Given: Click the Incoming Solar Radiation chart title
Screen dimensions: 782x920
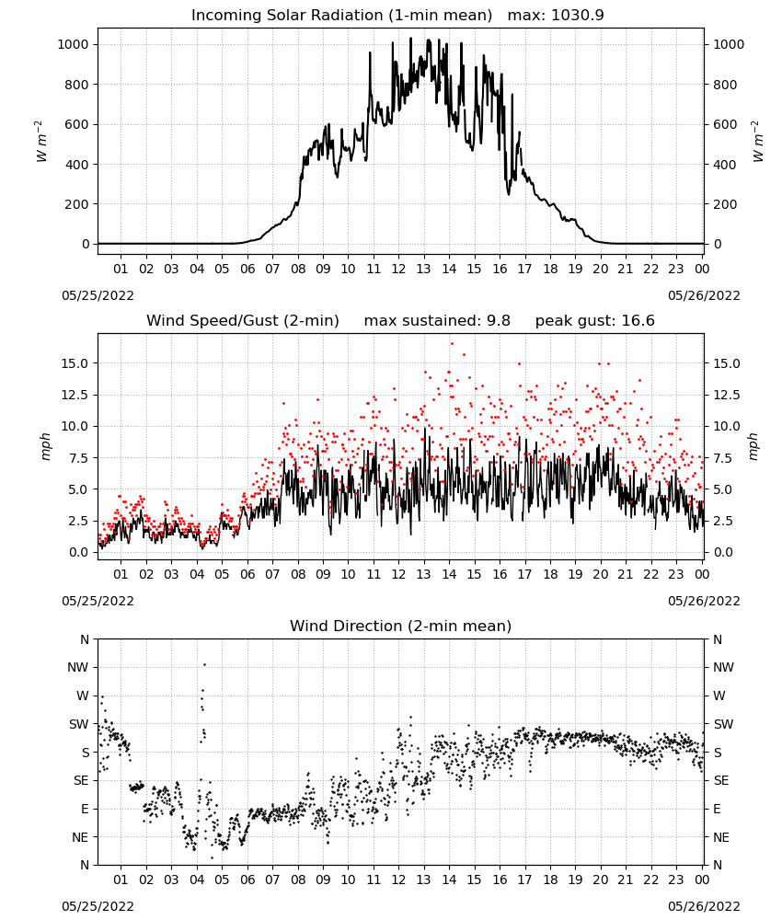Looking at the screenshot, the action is tap(341, 16).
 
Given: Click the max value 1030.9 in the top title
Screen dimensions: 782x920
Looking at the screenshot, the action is tap(578, 16).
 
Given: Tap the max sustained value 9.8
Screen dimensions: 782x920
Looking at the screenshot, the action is tap(499, 320).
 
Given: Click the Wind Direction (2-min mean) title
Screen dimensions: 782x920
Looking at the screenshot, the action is tap(401, 626).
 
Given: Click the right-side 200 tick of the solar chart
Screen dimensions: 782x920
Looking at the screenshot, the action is tap(725, 204).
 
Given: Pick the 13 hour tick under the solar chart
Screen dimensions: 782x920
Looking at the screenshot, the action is tap(423, 269).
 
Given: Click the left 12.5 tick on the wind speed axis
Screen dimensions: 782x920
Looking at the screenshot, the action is tap(74, 395).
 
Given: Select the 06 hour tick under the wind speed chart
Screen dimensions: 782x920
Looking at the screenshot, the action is tap(247, 574).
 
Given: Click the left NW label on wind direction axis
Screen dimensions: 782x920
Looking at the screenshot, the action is tap(78, 667).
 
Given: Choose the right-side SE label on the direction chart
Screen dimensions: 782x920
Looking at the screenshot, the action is tap(721, 780).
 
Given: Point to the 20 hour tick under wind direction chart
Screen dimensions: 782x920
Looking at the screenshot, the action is tap(600, 880).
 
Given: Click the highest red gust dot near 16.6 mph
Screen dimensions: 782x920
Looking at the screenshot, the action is tap(452, 344).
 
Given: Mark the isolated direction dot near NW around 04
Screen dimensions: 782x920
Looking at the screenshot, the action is tap(205, 664).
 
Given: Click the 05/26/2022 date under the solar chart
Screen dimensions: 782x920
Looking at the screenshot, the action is tap(704, 295).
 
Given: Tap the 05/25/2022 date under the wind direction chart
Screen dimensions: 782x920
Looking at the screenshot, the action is tap(98, 906).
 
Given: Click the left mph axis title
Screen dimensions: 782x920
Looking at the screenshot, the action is tap(46, 446).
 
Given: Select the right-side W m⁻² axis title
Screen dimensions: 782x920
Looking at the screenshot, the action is tap(757, 142).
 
